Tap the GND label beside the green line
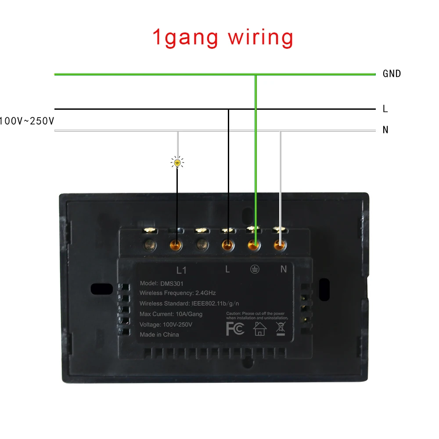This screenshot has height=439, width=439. point(392,74)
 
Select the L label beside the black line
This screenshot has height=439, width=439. point(385,109)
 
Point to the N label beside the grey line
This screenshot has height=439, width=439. point(385,130)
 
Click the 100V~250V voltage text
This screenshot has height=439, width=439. point(27,121)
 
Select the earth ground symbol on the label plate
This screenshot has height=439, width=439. point(255,270)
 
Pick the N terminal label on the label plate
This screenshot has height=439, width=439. point(283,270)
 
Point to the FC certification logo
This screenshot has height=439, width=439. point(235,329)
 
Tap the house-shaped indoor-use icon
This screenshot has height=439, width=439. point(260,328)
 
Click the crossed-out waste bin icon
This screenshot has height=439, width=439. point(281,328)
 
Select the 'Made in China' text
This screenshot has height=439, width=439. point(159,335)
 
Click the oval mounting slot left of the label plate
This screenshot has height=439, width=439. point(101,289)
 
